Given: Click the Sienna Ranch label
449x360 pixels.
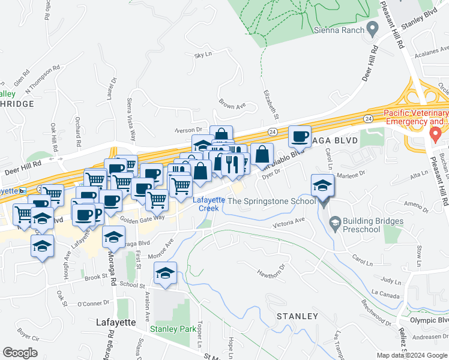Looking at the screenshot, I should (x=340, y=29).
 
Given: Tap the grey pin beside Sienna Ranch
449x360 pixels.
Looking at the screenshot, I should (x=373, y=28).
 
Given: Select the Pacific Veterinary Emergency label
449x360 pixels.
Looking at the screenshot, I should (x=416, y=118).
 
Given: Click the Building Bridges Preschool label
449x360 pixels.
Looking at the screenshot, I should (x=362, y=225).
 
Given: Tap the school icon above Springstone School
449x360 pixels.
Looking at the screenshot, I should (x=323, y=187).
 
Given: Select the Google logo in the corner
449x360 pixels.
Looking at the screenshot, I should (x=20, y=353).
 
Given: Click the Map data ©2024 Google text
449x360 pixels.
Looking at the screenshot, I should (x=412, y=355).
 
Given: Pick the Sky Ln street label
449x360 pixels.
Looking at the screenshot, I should (x=203, y=55).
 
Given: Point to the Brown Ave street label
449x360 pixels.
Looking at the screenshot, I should (x=233, y=104).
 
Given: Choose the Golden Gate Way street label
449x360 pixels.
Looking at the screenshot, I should (x=141, y=218).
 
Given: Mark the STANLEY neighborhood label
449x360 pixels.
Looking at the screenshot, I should (x=297, y=316).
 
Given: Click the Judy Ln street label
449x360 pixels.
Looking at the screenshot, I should (x=391, y=280).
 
